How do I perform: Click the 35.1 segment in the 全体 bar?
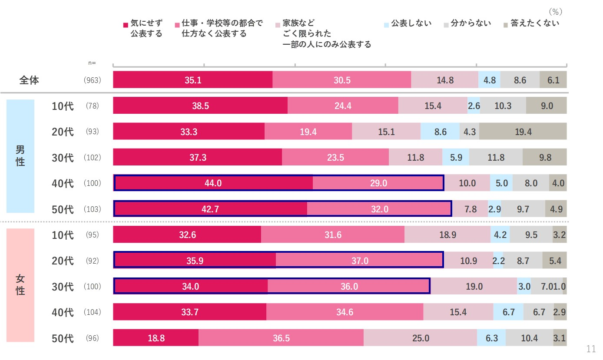pos(192,80)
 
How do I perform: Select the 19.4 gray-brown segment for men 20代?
pos(523,132)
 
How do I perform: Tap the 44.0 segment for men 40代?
pos(213,183)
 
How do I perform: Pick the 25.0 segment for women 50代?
pos(420,338)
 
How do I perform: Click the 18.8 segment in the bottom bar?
pos(156,338)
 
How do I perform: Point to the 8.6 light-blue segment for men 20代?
pos(440,132)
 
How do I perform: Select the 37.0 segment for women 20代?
pos(360,261)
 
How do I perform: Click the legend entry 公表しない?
pos(411,23)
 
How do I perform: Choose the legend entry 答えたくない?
pos(534,23)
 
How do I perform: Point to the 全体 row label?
pos(29,80)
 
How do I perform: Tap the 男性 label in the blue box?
pos(20,156)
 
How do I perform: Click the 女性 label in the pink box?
pos(20,285)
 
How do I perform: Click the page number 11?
pos(590,349)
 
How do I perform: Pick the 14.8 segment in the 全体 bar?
pos(444,80)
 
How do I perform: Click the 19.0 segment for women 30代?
pos(474,287)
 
